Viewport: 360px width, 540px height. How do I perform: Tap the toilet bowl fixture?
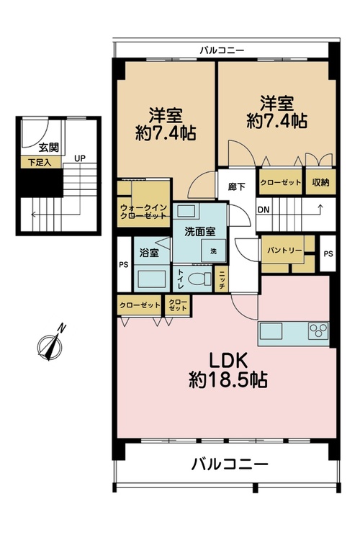pos(201,278)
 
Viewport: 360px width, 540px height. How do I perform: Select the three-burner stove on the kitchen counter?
pos(318,331)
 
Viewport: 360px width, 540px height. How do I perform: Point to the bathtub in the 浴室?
pos(152,279)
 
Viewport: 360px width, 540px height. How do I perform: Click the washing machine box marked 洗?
pos(214,251)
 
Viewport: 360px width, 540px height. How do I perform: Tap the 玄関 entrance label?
pos(48,148)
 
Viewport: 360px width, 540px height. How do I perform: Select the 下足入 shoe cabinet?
pos(40,162)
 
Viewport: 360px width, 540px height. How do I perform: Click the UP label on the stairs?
pos(80,158)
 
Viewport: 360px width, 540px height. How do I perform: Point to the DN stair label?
pos(264,210)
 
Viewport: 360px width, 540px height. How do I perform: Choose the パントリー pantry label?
pos(284,250)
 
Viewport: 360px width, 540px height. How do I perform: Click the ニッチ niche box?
pos(222,280)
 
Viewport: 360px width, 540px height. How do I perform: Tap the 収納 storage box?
pos(320,182)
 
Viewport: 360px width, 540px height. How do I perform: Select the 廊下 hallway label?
pos(237,186)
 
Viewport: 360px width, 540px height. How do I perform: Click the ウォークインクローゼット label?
pos(143,212)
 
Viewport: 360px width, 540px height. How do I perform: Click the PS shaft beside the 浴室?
pos(124,264)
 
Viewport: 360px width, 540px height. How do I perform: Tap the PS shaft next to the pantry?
pos(328,253)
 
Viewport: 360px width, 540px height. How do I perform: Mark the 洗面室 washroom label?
pos(200,231)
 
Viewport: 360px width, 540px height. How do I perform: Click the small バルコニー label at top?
pos(222,50)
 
